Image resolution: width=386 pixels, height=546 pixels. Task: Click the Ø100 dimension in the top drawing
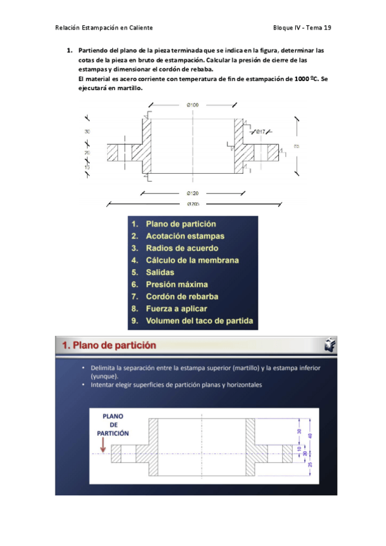coord(193,104)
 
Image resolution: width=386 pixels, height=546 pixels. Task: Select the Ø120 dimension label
coord(193,193)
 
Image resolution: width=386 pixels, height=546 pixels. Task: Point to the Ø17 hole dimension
coord(260,132)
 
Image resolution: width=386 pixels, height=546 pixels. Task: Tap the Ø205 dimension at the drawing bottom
coord(193,204)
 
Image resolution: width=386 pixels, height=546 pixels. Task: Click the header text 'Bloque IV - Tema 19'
coord(302,28)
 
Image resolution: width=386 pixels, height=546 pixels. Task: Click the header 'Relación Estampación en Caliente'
coord(104,28)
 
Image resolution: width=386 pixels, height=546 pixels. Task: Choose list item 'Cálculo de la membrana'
coord(192,260)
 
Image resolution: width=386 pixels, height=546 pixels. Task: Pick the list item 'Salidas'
coord(160,272)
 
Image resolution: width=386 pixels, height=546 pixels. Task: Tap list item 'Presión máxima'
coord(177,285)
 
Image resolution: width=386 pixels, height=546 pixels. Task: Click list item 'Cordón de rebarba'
coord(182,297)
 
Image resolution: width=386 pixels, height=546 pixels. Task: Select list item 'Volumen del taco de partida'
coord(199,321)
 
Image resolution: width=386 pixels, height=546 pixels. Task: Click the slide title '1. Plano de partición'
coord(110,345)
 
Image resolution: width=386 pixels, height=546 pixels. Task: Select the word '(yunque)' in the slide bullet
coord(103,375)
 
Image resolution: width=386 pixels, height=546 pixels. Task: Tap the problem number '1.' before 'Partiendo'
coord(70,50)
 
